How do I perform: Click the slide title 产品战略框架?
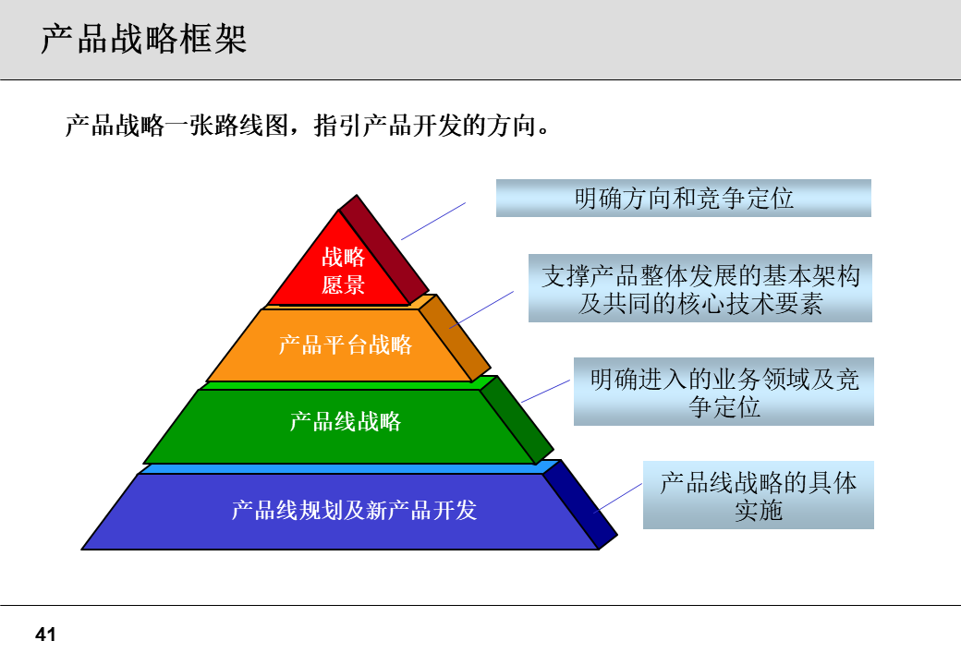pos(143,40)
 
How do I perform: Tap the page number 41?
pos(45,635)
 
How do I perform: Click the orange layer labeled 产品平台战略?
pos(345,345)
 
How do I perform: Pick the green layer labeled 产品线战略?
pos(345,422)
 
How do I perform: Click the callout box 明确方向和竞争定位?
pos(683,198)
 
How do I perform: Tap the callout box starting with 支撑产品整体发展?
pos(699,289)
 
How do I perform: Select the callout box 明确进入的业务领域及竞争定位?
pos(724,392)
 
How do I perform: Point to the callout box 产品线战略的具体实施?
pos(758,495)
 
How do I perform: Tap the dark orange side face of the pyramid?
pos(455,334)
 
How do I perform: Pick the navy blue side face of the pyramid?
pos(580,500)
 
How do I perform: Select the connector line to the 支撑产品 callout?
pos(482,308)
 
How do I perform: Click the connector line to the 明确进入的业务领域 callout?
pos(547,390)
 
